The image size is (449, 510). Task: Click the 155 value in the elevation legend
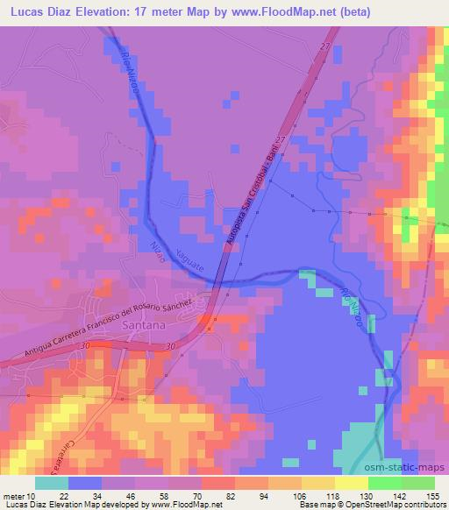pos(432,496)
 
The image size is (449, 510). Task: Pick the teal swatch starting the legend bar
pos(52,483)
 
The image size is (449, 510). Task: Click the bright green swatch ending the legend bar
pos(417,483)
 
